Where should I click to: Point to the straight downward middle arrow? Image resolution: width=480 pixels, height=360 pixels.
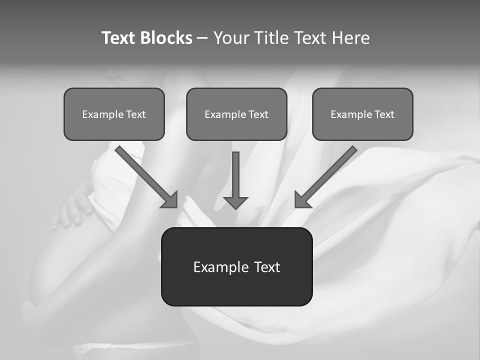[235, 175]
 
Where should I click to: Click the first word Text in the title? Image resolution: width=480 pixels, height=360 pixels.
[118, 38]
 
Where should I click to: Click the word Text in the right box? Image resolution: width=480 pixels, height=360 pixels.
[384, 114]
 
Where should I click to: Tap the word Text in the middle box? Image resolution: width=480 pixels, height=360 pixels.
[258, 114]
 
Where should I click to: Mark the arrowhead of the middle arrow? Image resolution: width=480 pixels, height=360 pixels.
[235, 202]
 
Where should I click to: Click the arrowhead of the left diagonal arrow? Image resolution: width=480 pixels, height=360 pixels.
[170, 200]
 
